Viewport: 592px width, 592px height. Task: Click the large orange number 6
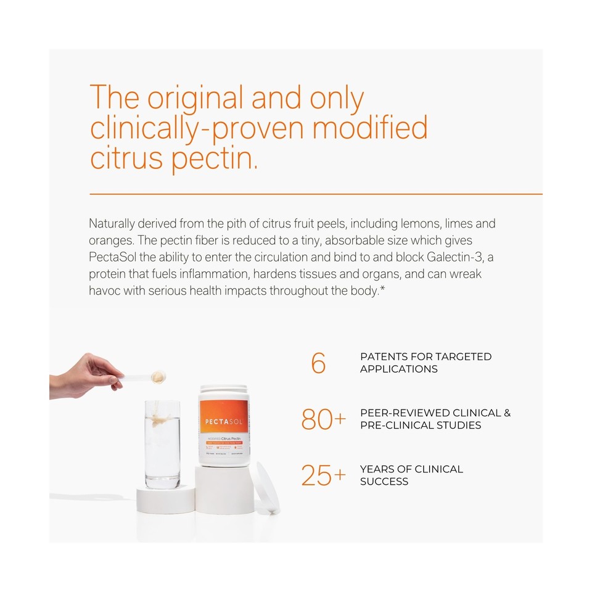click(x=318, y=363)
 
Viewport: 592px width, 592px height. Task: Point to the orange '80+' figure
click(x=323, y=419)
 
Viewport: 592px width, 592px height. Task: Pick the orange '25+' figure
click(x=323, y=475)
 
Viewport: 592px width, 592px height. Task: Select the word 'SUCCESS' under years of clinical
click(x=384, y=481)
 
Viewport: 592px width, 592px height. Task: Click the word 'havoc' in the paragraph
click(x=104, y=289)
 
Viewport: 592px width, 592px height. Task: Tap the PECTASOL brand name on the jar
click(x=224, y=421)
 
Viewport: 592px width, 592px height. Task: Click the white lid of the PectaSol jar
click(x=224, y=391)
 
